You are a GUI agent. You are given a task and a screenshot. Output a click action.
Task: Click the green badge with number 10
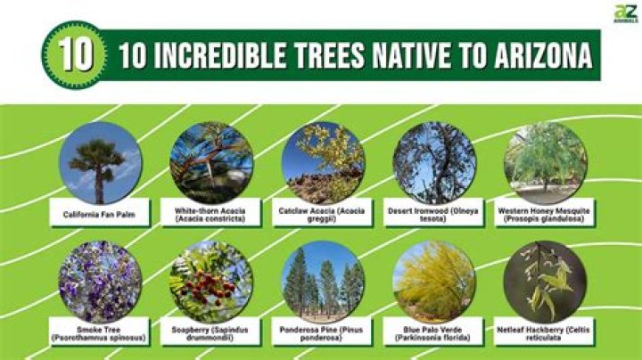coord(78,55)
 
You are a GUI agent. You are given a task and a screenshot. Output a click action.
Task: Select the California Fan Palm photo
coord(100,163)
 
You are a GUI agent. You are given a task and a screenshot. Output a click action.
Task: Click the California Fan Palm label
coord(100,215)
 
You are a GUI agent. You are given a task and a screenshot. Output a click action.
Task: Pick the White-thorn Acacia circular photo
coord(210,163)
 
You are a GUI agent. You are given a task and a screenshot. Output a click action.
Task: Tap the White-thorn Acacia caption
coord(210,215)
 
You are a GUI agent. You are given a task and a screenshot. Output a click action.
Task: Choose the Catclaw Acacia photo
coord(323,163)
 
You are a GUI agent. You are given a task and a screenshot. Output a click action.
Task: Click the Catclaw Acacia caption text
coord(323,215)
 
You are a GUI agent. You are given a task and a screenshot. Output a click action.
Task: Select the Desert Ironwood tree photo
coord(434,163)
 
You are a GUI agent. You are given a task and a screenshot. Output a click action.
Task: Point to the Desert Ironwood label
coord(434,215)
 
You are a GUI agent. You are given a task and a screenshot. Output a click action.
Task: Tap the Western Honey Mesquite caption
coord(545,215)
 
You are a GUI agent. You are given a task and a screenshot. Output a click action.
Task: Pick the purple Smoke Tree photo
coord(100,282)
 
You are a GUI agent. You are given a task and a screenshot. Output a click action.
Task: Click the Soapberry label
coord(210,333)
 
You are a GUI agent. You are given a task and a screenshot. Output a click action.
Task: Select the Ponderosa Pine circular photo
coord(323,282)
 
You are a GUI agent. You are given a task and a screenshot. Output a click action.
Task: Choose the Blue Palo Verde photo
coord(434,282)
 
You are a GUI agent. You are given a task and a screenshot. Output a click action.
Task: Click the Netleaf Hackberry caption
coord(545,333)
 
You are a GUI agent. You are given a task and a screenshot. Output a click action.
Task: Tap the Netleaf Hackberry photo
coord(545,282)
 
